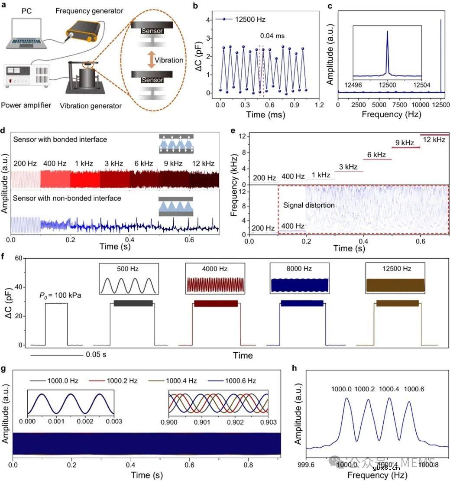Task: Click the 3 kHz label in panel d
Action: point(113,164)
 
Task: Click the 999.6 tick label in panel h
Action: point(307,464)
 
